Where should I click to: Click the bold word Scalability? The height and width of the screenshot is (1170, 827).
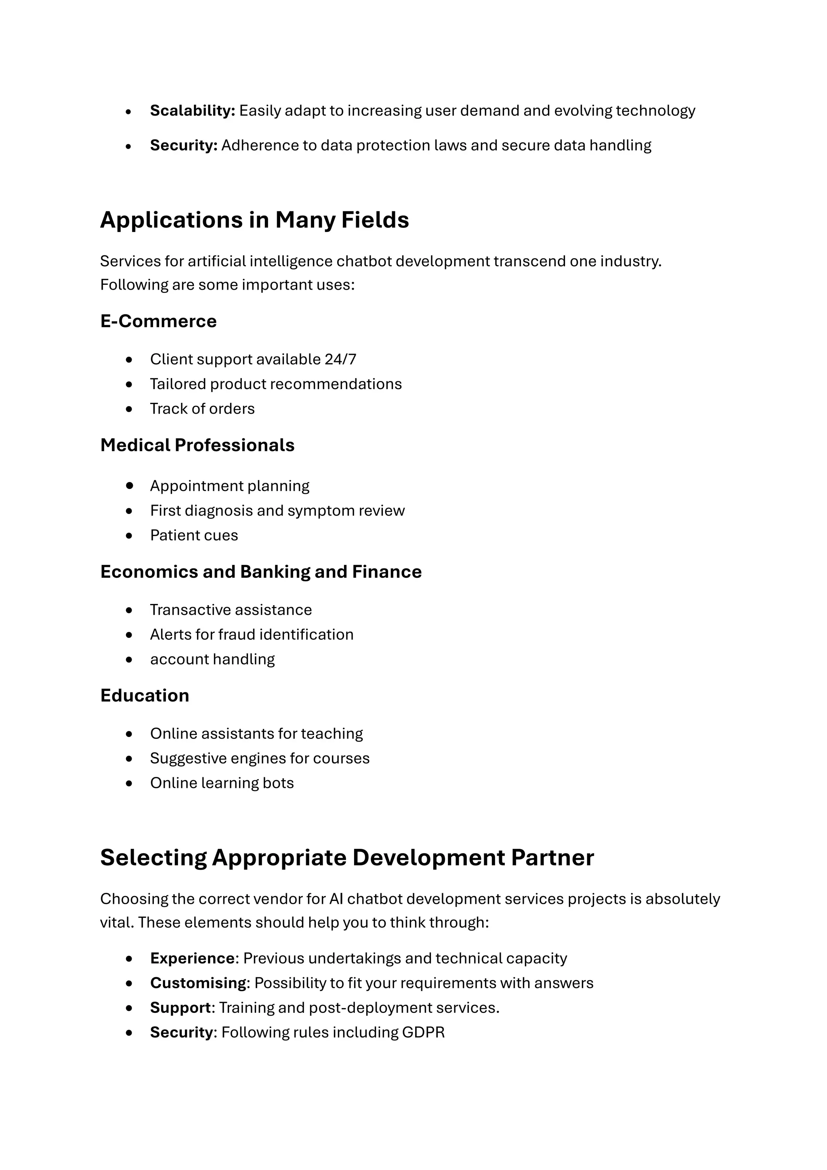(192, 111)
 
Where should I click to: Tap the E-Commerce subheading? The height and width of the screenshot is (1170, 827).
(158, 321)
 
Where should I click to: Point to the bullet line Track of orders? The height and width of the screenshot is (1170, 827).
(202, 409)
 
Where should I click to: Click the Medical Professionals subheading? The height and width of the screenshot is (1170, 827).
(197, 445)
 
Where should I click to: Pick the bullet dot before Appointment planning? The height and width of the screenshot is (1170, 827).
(129, 486)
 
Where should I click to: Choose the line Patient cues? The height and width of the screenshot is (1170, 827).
(193, 536)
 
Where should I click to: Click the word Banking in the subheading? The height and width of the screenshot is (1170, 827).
(275, 572)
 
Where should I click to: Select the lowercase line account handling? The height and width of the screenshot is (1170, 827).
(212, 659)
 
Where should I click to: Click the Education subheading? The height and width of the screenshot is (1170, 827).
(145, 696)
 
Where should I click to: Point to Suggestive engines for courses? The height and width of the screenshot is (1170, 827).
(260, 758)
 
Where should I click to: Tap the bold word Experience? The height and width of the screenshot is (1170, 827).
(192, 959)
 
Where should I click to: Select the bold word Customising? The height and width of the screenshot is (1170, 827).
(198, 983)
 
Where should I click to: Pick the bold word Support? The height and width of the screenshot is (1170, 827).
(180, 1008)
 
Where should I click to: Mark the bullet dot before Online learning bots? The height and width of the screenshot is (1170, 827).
(129, 783)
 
